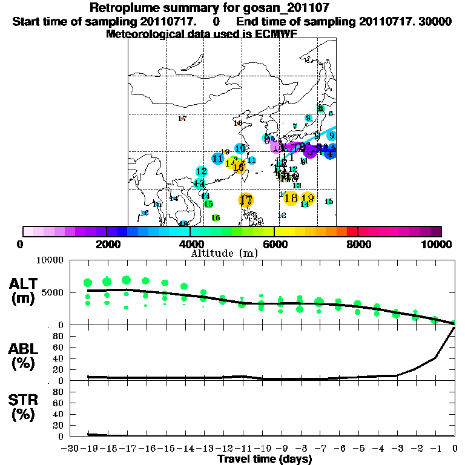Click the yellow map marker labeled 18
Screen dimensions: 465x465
291,198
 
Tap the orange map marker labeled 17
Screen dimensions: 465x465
246,200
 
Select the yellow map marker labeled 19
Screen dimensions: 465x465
308,198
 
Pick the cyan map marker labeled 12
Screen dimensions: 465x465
202,171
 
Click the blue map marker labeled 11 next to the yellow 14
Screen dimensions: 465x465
218,159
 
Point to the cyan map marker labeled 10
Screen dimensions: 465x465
240,148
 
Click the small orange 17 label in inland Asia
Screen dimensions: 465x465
182,119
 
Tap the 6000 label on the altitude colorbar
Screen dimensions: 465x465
274,244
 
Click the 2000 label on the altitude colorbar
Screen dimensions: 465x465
107,244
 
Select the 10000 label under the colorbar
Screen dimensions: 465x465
438,244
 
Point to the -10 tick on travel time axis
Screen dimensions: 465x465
262,449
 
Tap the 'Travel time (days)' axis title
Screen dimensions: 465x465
265,460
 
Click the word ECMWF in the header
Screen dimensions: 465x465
275,34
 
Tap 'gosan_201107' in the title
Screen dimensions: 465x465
269,8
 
